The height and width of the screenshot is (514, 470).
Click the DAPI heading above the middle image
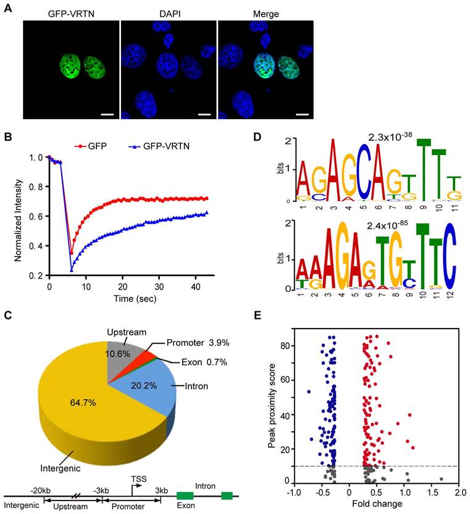tap(169, 13)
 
